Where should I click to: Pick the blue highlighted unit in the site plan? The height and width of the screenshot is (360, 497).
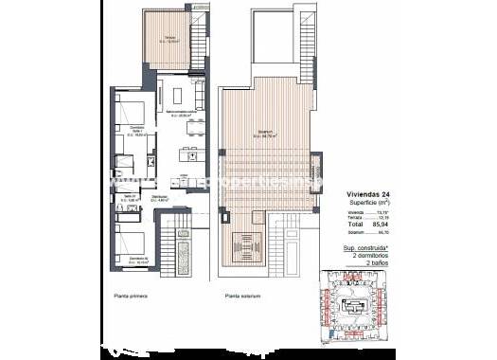coord(354,312)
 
